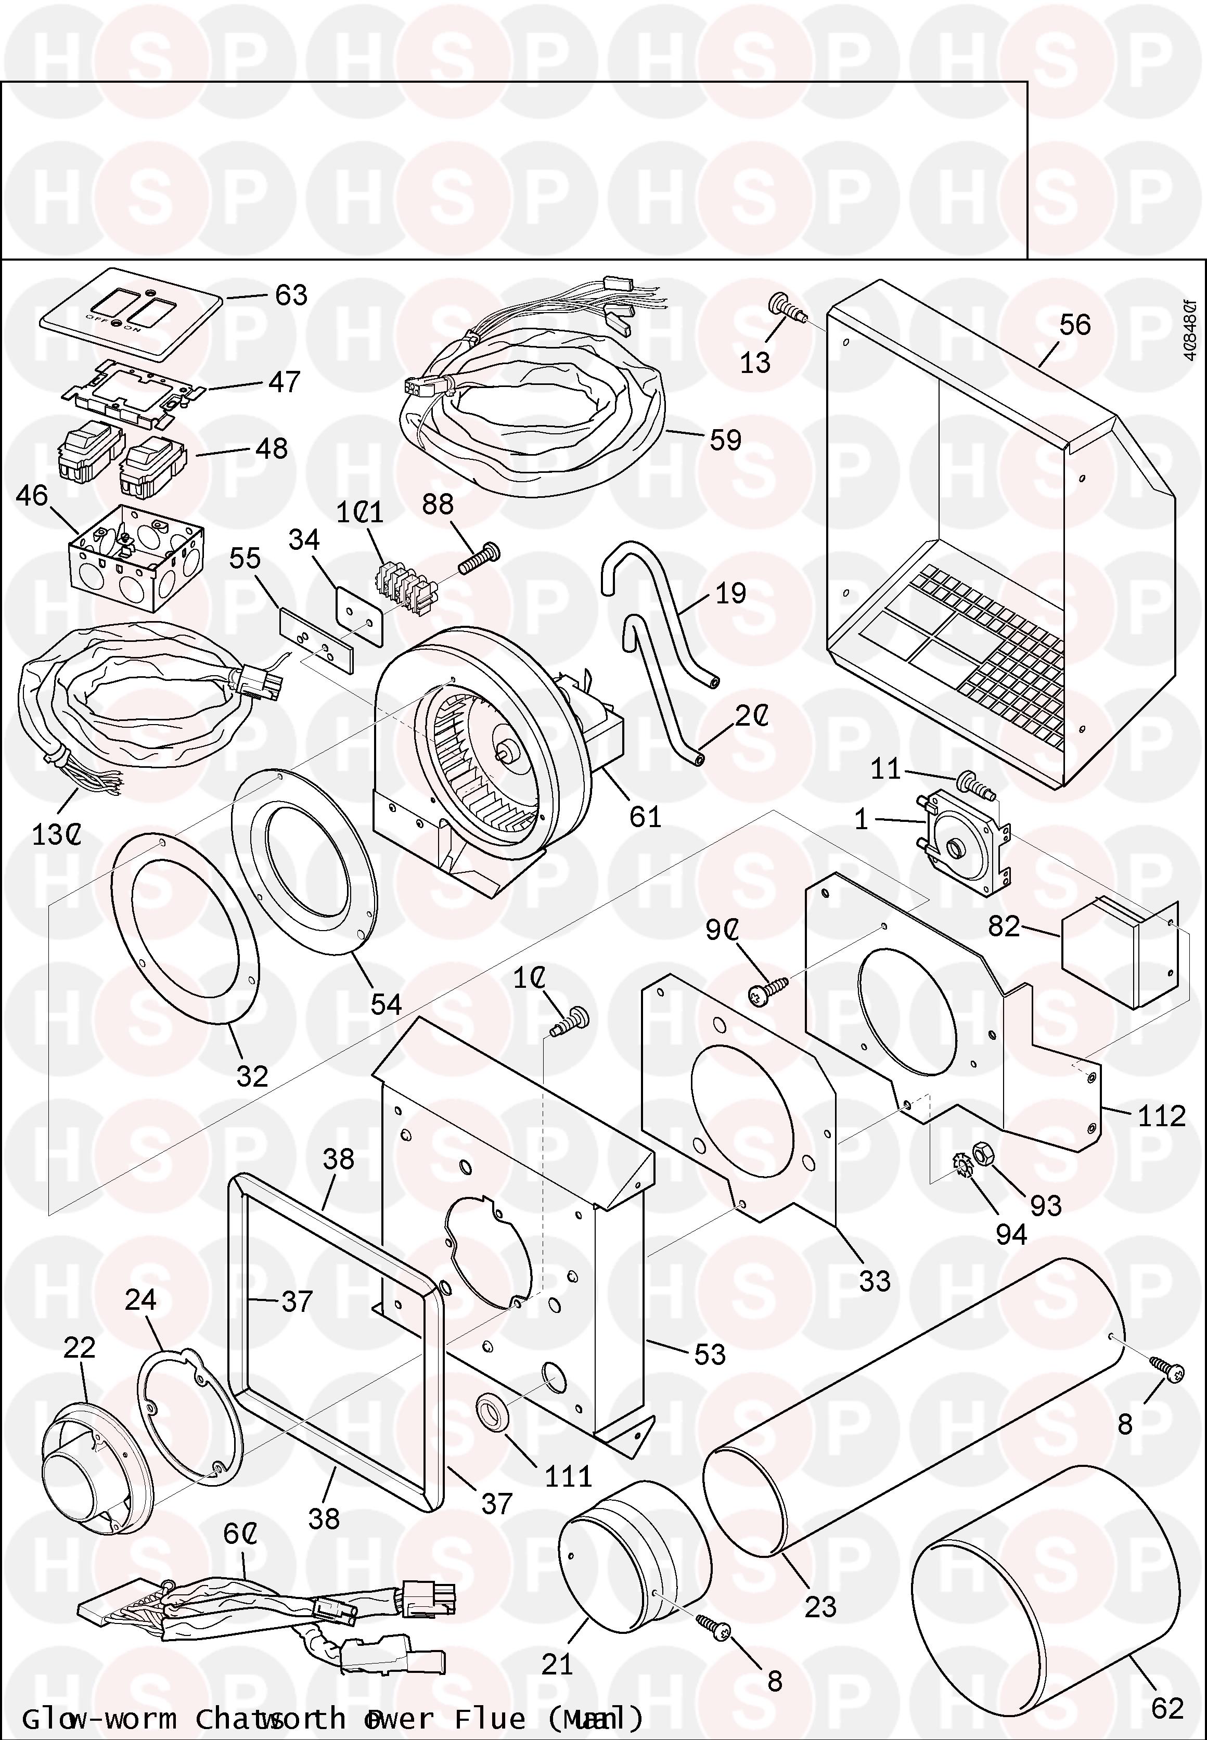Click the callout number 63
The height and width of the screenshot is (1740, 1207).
(291, 295)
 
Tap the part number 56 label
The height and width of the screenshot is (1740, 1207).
(1075, 325)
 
